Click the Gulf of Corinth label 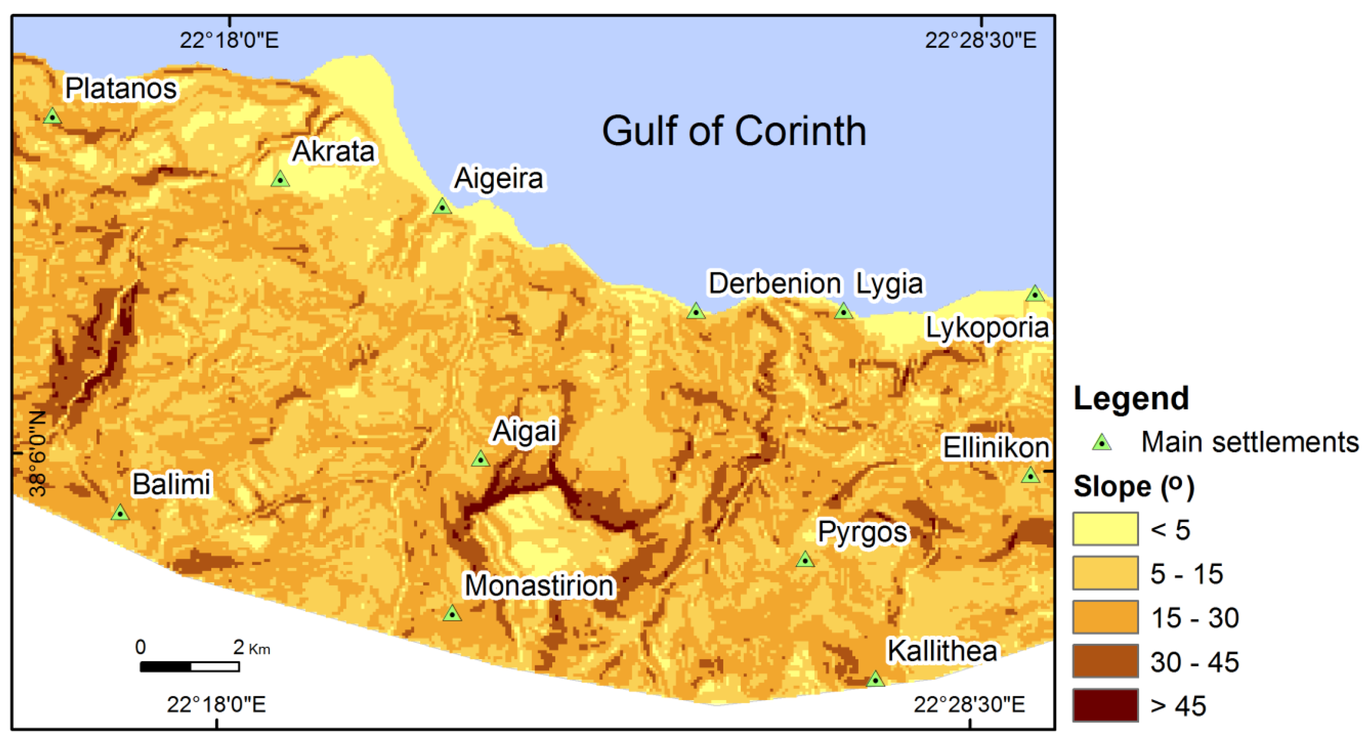coord(734,131)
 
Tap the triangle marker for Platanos coord(52,117)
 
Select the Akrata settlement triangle coord(280,179)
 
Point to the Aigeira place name coord(499,178)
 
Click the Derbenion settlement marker coord(696,311)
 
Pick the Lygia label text coord(890,283)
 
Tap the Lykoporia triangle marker coord(1035,294)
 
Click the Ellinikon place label coord(996,447)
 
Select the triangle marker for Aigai coord(480,459)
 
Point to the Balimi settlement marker coord(120,513)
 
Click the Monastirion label coord(540,586)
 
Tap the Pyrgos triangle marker coord(805,560)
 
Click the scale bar coord(189,666)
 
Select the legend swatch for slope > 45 coord(1105,706)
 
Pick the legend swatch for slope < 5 coord(1105,529)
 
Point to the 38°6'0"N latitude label coord(37,453)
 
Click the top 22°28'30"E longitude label coord(981,40)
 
